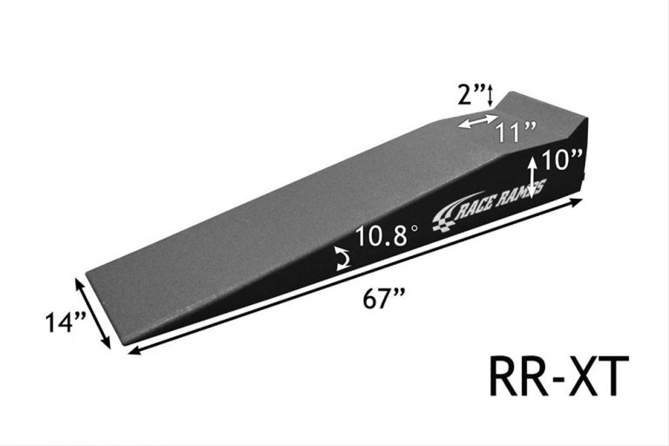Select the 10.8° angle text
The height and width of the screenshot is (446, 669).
point(382,235)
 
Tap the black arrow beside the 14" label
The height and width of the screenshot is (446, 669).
point(95,313)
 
